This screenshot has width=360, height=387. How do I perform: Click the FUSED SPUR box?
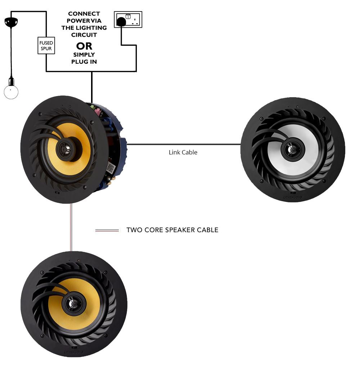[46, 45]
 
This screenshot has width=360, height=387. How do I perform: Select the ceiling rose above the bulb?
[11, 22]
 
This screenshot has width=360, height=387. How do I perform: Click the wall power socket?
[128, 19]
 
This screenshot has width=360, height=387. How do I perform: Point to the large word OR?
[84, 46]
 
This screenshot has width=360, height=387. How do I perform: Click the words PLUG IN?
[84, 62]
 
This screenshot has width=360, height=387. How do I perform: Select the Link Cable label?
[183, 152]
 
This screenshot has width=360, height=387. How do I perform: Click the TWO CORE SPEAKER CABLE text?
[172, 230]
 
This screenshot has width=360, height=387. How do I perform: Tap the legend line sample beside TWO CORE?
[107, 230]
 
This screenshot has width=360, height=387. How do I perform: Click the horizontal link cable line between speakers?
[184, 145]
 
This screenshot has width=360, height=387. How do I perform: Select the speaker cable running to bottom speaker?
[71, 227]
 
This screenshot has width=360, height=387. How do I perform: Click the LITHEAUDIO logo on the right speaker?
[292, 197]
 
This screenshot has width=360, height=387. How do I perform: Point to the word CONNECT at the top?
[84, 14]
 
